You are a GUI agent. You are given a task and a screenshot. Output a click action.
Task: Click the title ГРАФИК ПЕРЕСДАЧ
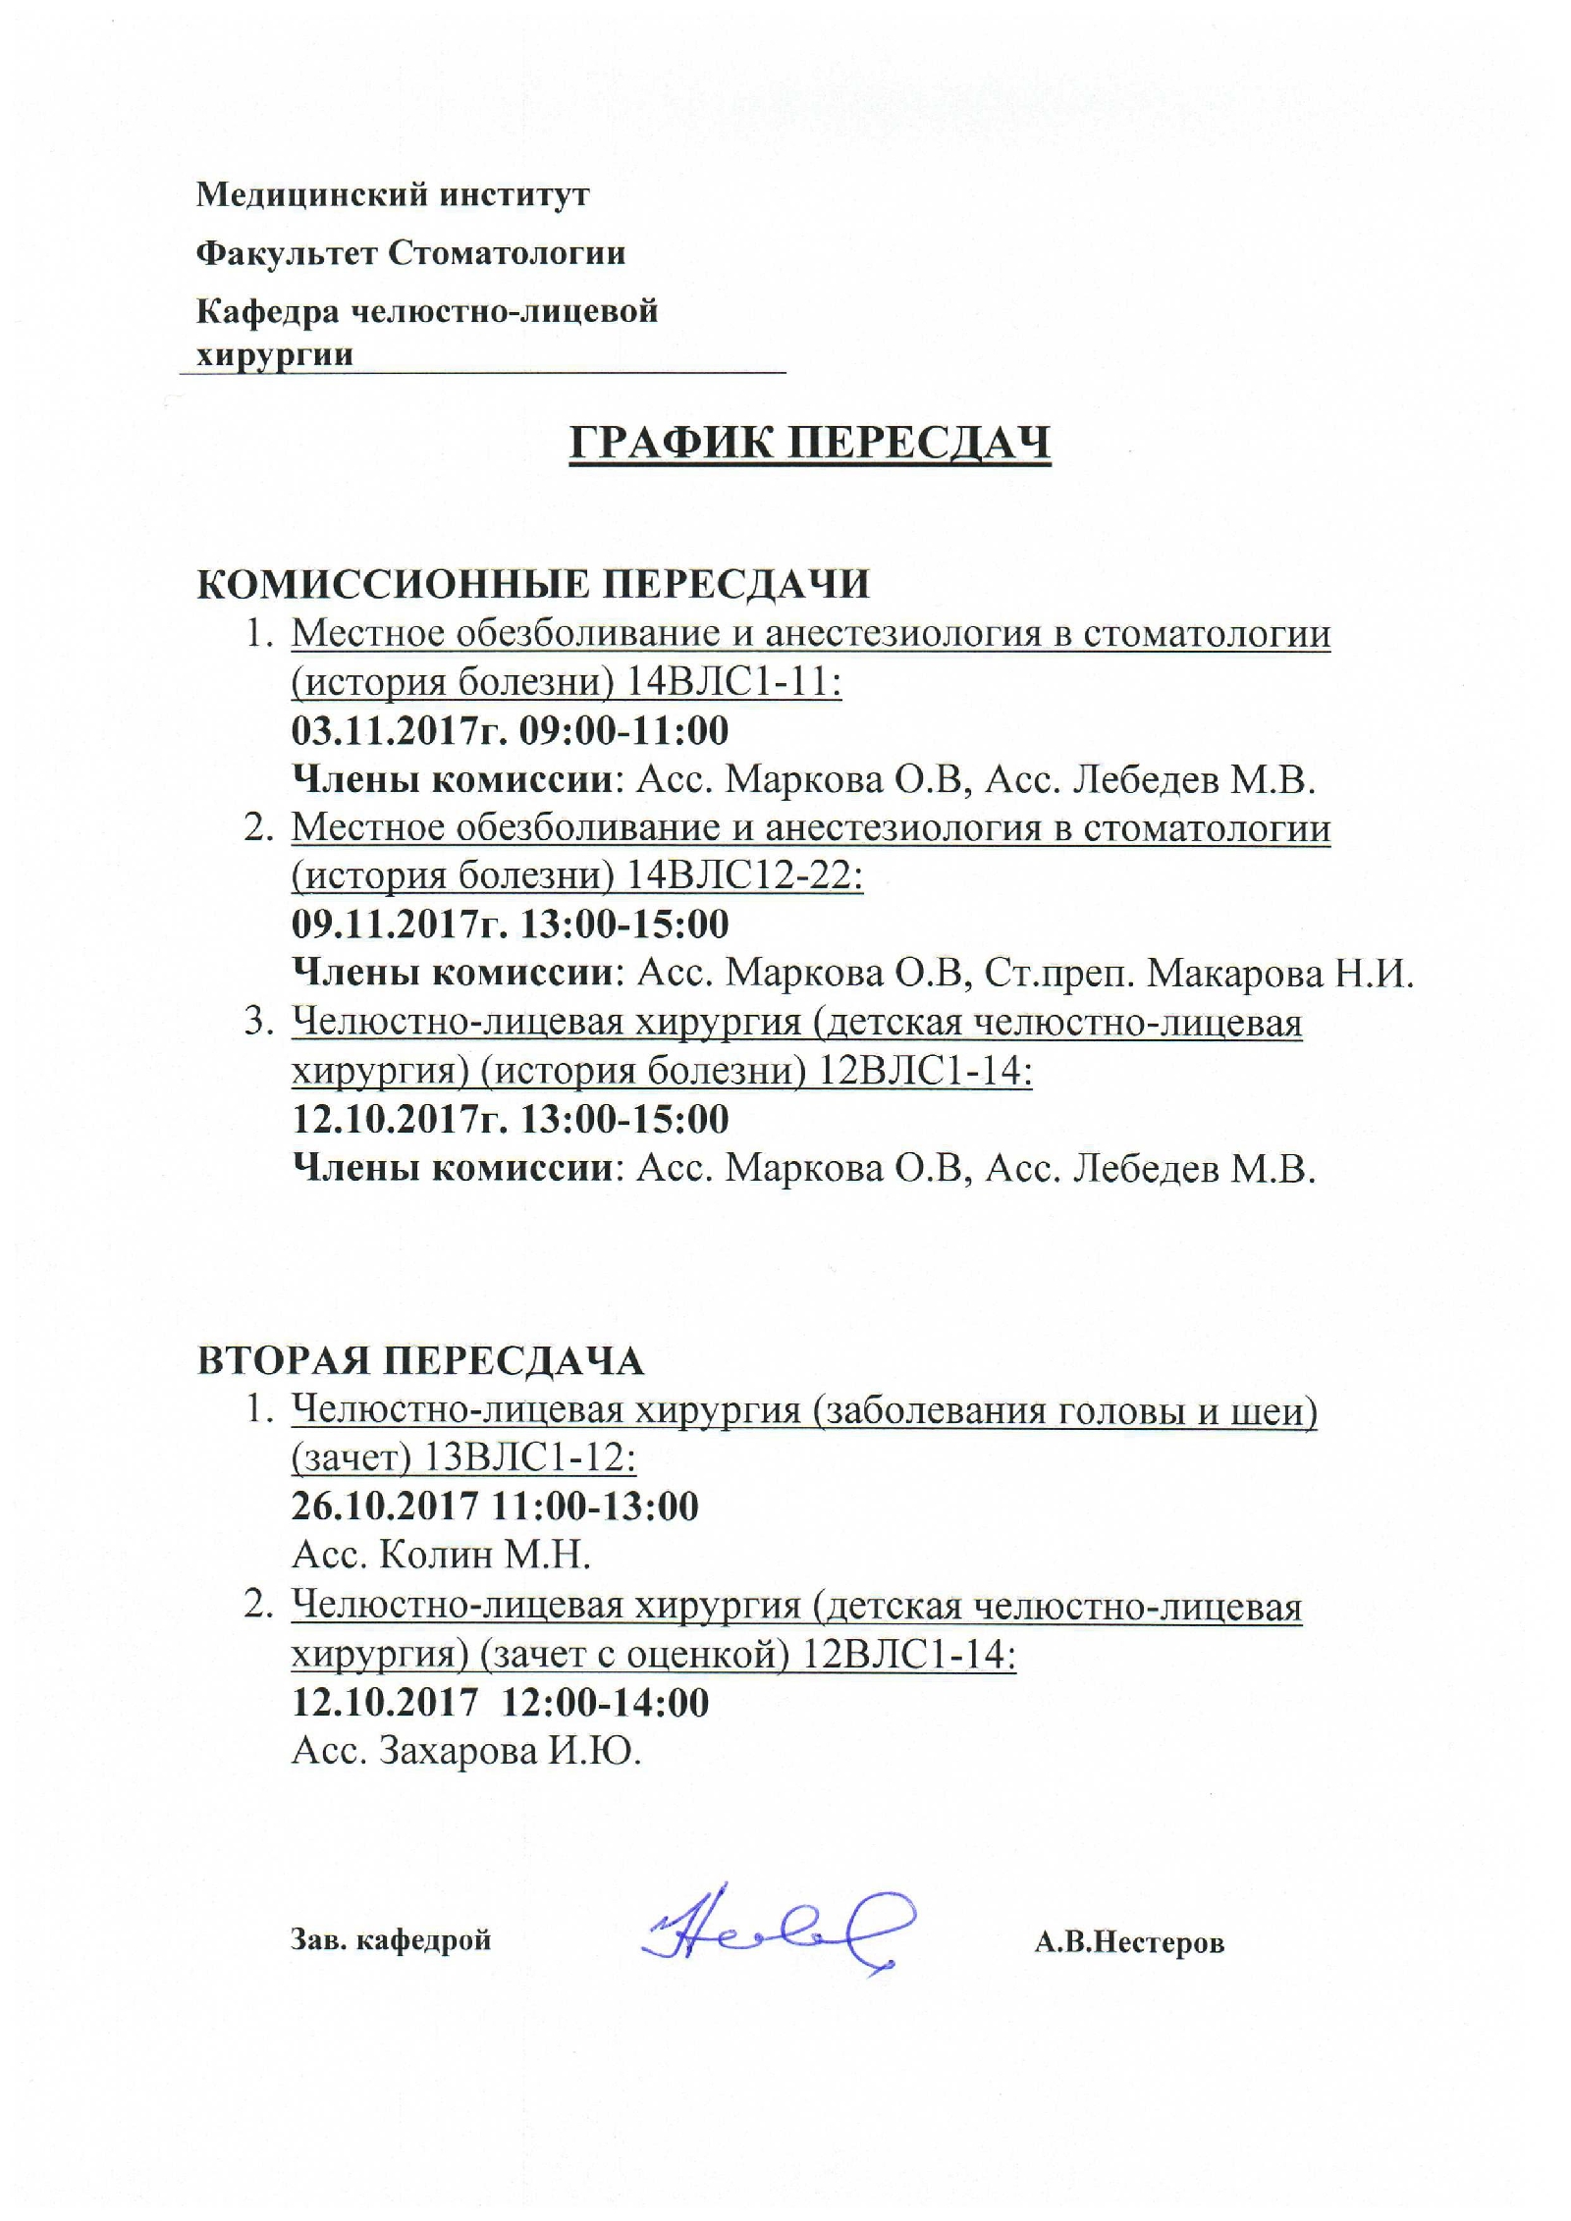809,443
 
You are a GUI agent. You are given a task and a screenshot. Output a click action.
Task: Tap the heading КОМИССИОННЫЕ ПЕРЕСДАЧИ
533,585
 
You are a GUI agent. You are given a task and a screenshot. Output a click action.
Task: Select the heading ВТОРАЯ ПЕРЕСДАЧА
420,1362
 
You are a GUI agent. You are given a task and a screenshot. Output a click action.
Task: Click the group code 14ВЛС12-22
743,876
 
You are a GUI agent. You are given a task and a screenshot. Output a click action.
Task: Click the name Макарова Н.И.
1279,974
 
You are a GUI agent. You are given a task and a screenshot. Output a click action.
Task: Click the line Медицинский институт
393,194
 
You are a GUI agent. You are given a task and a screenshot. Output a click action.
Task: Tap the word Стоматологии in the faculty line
507,253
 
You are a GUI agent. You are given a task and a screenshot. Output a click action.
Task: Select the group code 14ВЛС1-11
732,683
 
